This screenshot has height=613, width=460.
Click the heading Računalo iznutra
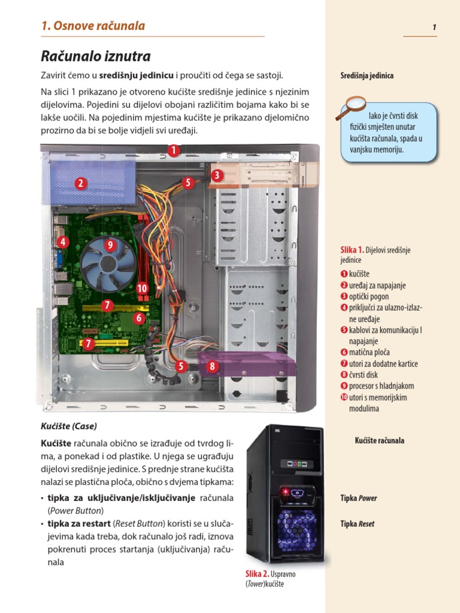(x=96, y=57)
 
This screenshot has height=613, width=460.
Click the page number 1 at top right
(x=433, y=28)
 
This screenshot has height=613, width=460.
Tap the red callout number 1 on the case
(x=174, y=151)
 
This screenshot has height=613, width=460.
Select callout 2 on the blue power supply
(x=81, y=184)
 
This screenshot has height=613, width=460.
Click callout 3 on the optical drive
(x=216, y=175)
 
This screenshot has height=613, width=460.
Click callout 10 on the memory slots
(x=142, y=289)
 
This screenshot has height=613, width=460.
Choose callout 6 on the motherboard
(x=139, y=318)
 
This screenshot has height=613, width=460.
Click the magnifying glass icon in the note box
(x=351, y=108)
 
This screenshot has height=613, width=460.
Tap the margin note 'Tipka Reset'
(x=358, y=524)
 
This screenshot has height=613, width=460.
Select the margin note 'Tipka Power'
(x=359, y=498)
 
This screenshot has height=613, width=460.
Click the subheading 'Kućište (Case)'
(x=69, y=427)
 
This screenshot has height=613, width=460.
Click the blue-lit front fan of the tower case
(x=296, y=523)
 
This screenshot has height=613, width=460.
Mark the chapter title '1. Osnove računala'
(x=93, y=26)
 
